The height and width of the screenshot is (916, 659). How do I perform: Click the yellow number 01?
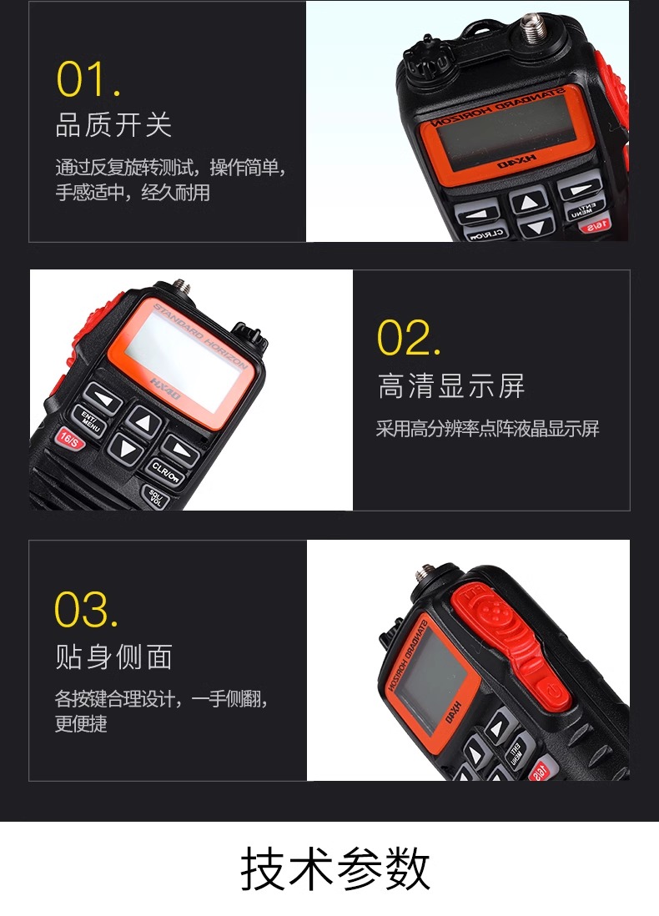click(88, 79)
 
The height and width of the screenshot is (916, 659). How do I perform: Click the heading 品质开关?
click(113, 124)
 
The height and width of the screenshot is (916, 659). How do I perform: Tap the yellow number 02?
click(409, 337)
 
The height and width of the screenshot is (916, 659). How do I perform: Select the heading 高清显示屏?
click(451, 385)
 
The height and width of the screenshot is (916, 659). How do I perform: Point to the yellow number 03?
click(86, 609)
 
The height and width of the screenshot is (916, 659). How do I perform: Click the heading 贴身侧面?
click(113, 656)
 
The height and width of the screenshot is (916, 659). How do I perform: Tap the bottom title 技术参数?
click(335, 868)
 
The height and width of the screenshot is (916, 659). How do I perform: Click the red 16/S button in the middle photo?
click(70, 439)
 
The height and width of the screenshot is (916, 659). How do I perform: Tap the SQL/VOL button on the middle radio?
click(155, 497)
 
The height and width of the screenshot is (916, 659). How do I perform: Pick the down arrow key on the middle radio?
click(123, 449)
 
